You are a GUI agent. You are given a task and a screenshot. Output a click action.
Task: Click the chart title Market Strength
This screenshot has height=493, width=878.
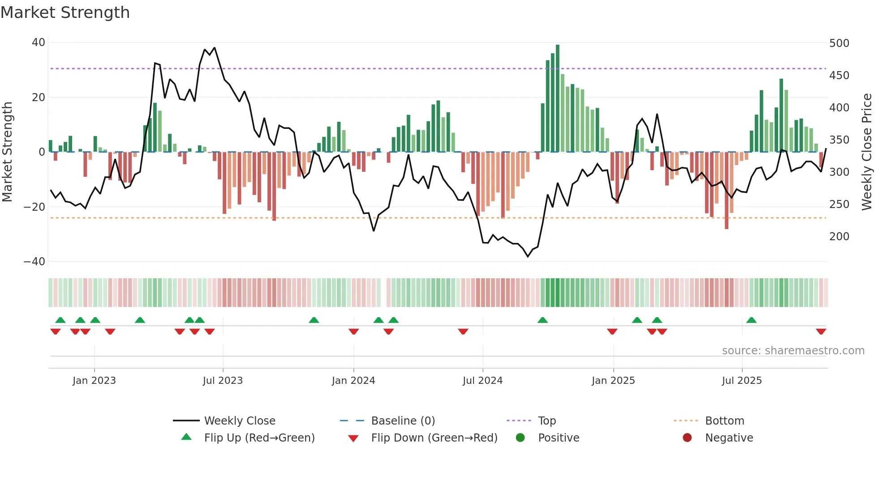(65, 13)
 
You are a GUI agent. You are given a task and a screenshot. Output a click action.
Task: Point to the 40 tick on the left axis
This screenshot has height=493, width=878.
(39, 42)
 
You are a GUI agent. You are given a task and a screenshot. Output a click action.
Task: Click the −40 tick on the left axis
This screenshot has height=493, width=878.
(34, 261)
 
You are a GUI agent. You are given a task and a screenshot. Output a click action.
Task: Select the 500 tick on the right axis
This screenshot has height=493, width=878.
(839, 43)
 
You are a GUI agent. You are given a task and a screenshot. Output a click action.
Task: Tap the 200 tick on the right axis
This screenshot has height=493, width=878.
(839, 236)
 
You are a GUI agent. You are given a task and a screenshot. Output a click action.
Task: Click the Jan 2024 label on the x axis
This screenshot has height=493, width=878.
(353, 381)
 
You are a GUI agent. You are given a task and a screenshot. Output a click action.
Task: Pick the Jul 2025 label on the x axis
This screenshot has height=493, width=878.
(742, 381)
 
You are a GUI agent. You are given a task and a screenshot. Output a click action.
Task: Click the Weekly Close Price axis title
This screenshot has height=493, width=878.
(867, 152)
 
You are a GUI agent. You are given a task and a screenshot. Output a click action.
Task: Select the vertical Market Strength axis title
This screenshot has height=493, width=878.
(8, 152)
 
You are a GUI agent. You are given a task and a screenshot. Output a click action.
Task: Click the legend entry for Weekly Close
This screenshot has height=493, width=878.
(240, 421)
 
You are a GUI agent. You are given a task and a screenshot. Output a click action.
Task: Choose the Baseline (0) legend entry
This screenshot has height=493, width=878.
(403, 421)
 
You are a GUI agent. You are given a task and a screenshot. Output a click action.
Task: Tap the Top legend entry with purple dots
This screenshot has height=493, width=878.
(547, 421)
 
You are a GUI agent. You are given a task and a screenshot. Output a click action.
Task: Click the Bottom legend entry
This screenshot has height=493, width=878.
(724, 421)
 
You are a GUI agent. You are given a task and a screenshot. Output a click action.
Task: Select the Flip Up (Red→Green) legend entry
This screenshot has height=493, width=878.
(259, 438)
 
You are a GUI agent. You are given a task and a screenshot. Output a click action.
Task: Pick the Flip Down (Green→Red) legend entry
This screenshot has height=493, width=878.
(434, 438)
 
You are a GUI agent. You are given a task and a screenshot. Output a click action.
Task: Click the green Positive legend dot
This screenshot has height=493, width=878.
(520, 438)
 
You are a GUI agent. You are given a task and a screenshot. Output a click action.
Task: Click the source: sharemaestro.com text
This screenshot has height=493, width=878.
(793, 351)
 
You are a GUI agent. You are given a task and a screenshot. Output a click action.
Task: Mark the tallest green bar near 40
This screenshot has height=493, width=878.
(558, 98)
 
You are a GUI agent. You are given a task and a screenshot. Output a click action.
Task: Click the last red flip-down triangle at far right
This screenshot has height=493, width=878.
(821, 331)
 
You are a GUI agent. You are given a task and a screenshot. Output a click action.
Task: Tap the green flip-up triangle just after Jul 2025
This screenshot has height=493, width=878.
(752, 320)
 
